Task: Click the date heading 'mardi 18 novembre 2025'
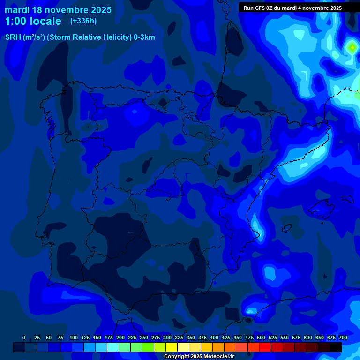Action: click(x=58, y=10)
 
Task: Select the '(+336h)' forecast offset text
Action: click(x=83, y=21)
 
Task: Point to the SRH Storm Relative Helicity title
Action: click(x=80, y=37)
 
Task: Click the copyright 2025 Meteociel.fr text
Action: click(x=199, y=356)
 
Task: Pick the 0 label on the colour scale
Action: click(x=24, y=337)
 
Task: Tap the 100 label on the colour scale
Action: click(x=74, y=337)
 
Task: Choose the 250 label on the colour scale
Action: click(x=144, y=337)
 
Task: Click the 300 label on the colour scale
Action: click(x=167, y=337)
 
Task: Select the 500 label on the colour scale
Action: click(x=261, y=337)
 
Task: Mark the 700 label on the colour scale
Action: click(x=343, y=337)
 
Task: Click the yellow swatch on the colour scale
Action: click(x=172, y=347)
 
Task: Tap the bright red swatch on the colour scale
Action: click(x=265, y=347)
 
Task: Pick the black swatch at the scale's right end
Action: click(x=336, y=347)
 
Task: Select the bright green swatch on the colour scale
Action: click(x=136, y=347)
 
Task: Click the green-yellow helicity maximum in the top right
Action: click(x=352, y=47)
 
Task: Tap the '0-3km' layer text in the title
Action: click(x=143, y=37)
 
